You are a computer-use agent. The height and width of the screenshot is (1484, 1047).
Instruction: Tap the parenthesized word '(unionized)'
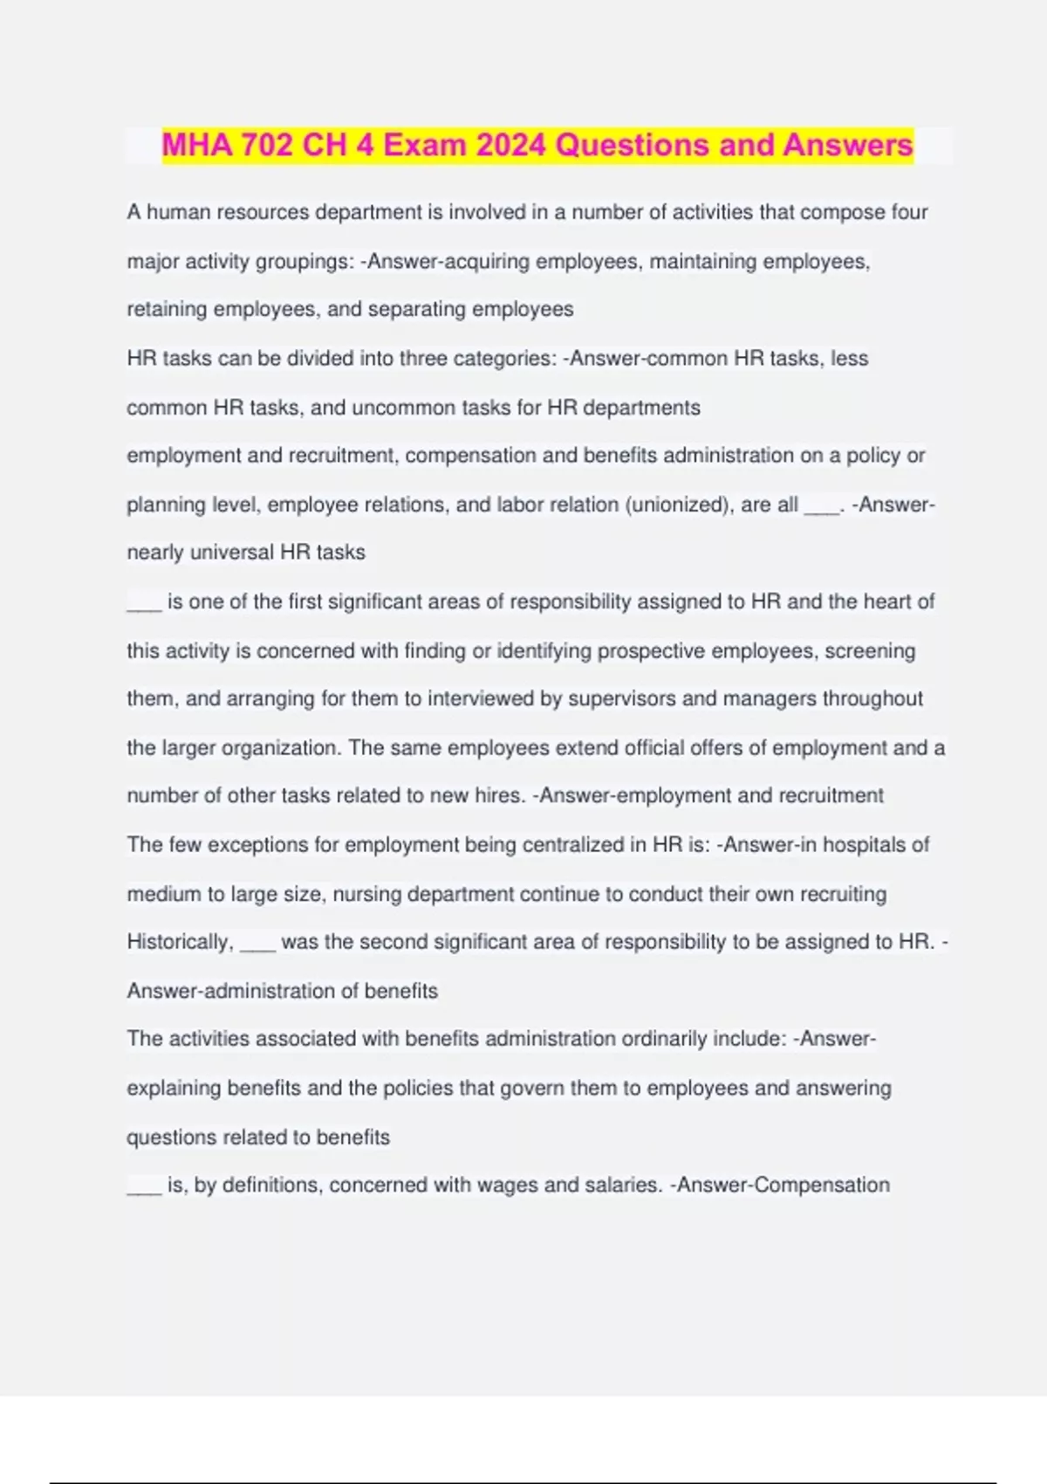[680, 505]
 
